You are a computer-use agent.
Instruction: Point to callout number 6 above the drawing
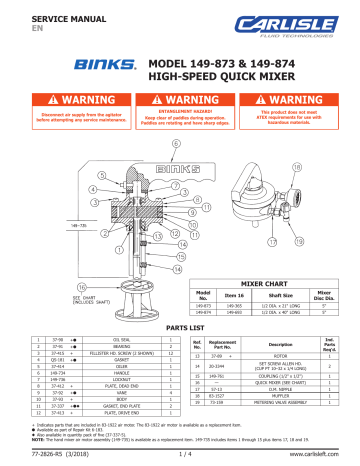176,144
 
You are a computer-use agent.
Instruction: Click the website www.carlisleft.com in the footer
324,456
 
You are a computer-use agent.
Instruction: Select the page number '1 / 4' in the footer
180,456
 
